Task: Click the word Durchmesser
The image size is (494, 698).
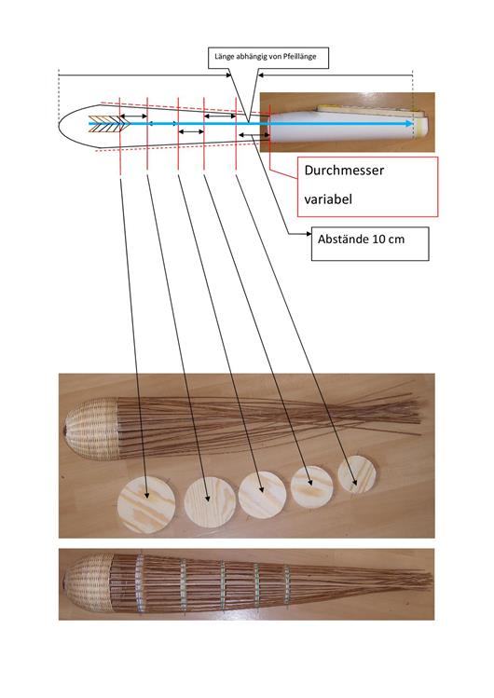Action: pos(344,170)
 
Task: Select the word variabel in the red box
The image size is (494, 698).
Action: pos(328,199)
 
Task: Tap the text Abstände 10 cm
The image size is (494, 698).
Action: pos(361,240)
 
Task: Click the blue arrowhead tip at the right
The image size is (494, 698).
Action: pos(413,124)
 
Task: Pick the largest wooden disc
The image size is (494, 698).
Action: pos(146,504)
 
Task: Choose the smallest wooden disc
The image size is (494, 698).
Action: pos(357,475)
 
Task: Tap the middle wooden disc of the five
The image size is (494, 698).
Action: pos(262,495)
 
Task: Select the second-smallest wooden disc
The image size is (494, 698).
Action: pos(312,486)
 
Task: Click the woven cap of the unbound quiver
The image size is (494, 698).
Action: pos(92,429)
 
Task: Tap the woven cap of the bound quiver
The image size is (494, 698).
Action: pos(88,582)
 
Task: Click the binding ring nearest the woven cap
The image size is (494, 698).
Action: pos(140,582)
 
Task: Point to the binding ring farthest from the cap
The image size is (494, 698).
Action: pos(287,584)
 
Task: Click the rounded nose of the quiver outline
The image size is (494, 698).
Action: pos(60,124)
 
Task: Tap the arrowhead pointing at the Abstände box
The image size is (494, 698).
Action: pos(309,233)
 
